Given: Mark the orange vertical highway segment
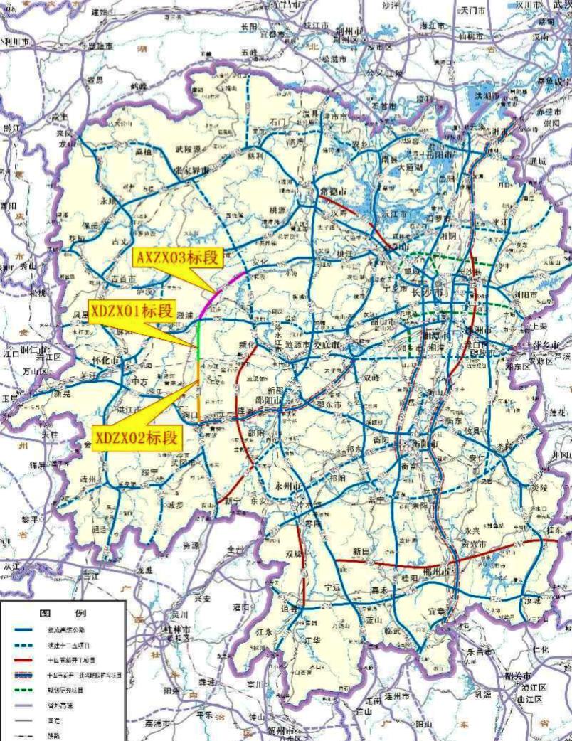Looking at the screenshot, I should pos(198,391).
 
